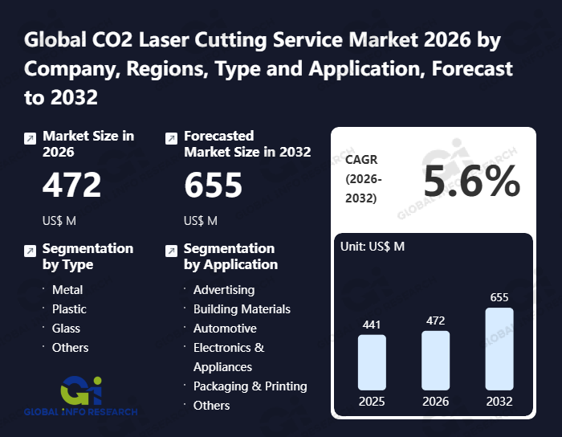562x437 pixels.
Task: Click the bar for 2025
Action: point(372,361)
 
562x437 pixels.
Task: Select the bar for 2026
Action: point(435,360)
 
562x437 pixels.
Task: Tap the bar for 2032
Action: point(499,349)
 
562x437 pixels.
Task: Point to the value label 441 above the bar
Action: point(372,325)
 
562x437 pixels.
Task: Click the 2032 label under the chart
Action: point(499,401)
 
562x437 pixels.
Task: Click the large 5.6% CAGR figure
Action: point(471,184)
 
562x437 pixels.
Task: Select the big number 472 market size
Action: point(72,186)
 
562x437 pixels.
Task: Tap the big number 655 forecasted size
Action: point(213,186)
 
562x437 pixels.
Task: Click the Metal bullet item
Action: point(67,289)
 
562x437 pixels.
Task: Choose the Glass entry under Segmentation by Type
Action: point(66,328)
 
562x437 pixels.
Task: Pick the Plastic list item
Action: point(69,308)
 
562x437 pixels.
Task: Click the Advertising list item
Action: point(224,289)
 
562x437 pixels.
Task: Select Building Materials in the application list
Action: point(242,308)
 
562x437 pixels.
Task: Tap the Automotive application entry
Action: point(225,328)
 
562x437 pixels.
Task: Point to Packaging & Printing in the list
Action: point(250,386)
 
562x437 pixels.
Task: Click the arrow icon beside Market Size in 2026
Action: point(30,138)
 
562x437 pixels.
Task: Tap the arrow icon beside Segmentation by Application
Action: point(171,251)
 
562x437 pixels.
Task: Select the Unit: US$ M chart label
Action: point(373,246)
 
